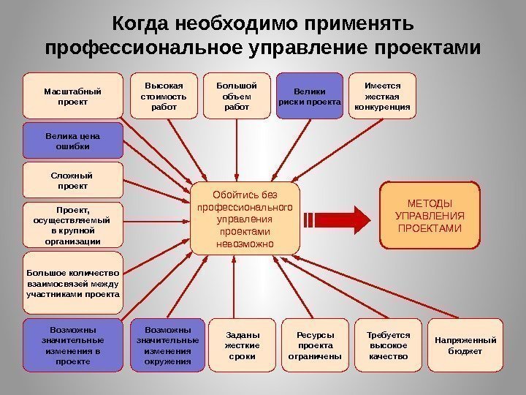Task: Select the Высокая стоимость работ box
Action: (x=164, y=96)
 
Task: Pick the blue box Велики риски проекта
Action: (x=310, y=96)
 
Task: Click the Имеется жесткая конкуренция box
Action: (x=382, y=96)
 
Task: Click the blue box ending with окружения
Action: (x=167, y=341)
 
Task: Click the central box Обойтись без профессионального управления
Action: (x=245, y=219)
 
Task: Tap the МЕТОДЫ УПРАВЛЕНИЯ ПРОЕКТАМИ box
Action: (x=429, y=216)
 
